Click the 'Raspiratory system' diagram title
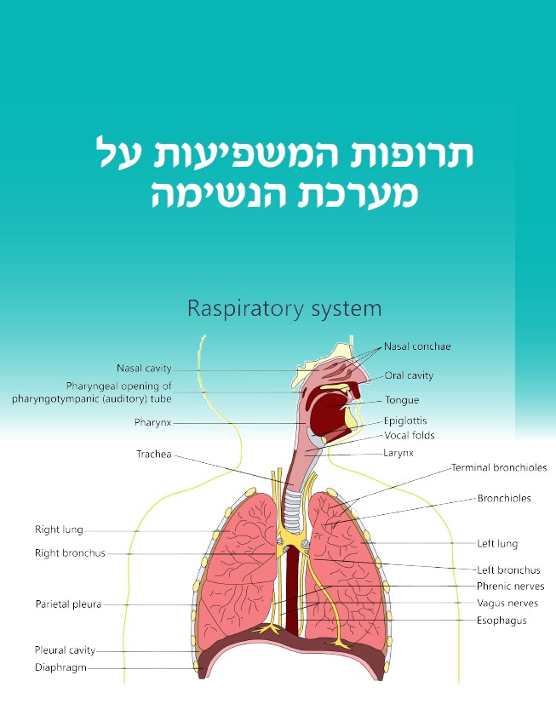pyautogui.click(x=284, y=307)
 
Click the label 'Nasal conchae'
pyautogui.click(x=417, y=346)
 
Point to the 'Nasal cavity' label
pyautogui.click(x=144, y=369)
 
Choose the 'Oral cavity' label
pyautogui.click(x=409, y=375)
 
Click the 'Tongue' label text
pyautogui.click(x=402, y=400)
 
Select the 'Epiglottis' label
pyautogui.click(x=405, y=421)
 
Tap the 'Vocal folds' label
pyautogui.click(x=410, y=436)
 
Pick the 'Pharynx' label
pyautogui.click(x=154, y=422)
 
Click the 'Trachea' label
pyautogui.click(x=154, y=455)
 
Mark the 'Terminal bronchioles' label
pyautogui.click(x=499, y=467)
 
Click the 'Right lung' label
pyautogui.click(x=59, y=529)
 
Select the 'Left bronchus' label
pyautogui.click(x=508, y=570)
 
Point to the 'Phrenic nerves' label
pyautogui.click(x=511, y=587)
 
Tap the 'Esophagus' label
pyautogui.click(x=502, y=621)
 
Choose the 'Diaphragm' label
pyautogui.click(x=60, y=667)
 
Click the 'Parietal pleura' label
pyautogui.click(x=68, y=604)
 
